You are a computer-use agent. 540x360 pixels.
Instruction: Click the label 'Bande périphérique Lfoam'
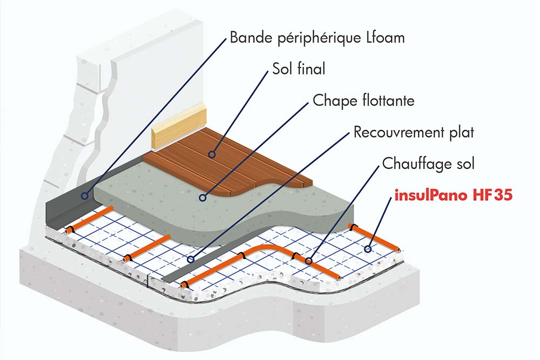317,38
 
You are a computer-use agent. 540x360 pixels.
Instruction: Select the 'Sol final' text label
299,69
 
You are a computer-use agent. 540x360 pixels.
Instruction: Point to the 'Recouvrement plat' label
413,132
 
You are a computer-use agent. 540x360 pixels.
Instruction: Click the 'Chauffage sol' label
428,163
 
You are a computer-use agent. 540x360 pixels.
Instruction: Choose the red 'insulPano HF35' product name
453,195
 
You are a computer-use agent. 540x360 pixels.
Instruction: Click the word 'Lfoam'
384,38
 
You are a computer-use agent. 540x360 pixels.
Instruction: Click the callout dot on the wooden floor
213,154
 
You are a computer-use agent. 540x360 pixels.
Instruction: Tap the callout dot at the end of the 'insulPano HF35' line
367,249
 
